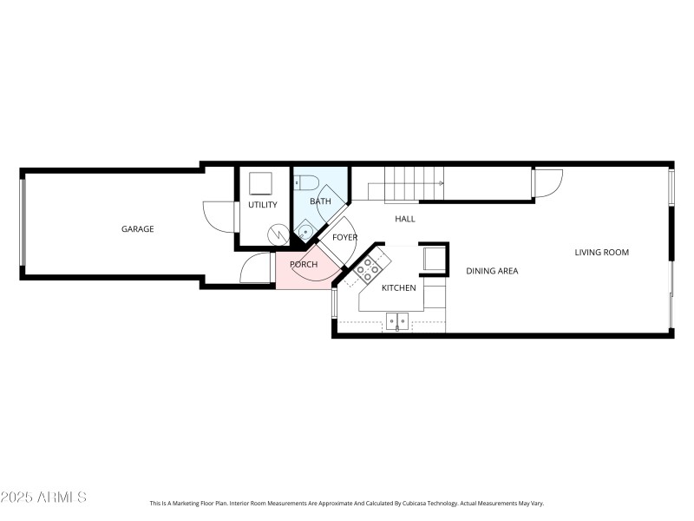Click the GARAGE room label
[137, 229]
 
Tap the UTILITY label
[262, 205]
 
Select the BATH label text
[320, 202]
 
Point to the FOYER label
[344, 237]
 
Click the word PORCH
[303, 265]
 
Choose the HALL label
[404, 219]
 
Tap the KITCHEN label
[399, 287]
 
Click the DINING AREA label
[492, 271]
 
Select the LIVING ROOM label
[601, 253]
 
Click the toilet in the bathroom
[304, 181]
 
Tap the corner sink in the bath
[304, 232]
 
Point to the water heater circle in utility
[278, 234]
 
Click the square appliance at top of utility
[260, 182]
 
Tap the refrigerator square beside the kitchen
[434, 259]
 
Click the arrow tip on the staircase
[442, 183]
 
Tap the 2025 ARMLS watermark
[43, 498]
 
